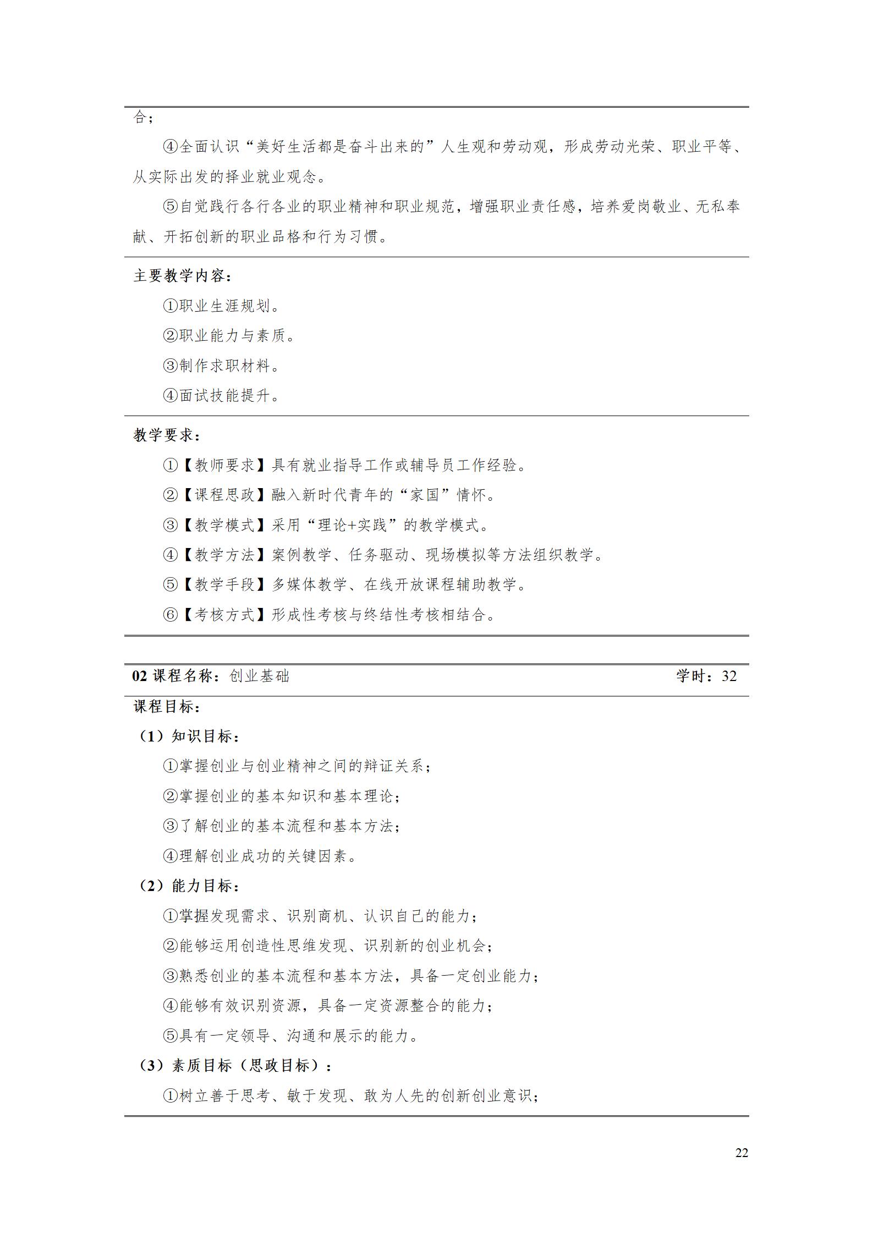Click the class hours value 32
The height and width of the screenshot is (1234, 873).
(729, 676)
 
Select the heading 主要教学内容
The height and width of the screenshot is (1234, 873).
(182, 276)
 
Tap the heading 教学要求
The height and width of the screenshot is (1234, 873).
(167, 435)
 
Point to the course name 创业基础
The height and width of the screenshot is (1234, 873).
(259, 676)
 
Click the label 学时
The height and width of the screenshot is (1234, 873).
(694, 676)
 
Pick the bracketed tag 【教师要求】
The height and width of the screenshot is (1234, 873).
(225, 466)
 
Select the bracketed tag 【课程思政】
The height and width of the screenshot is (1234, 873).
(225, 495)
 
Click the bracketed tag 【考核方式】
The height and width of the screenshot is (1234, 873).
(225, 615)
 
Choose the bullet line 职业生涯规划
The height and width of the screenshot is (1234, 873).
(222, 306)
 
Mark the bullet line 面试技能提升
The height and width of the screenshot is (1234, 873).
(222, 396)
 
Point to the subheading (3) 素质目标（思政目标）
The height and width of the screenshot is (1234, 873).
(234, 1066)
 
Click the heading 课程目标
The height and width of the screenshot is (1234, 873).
(167, 707)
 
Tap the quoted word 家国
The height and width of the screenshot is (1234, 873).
(425, 495)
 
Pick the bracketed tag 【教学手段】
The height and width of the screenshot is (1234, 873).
(225, 585)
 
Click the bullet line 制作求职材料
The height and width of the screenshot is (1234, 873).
(222, 366)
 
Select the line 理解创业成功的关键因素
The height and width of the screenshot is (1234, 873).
(261, 856)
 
